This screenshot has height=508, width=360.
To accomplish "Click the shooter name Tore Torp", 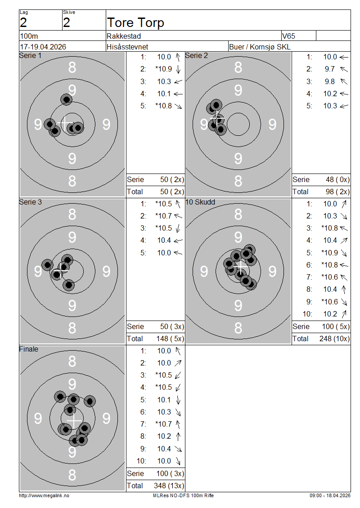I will click(x=135, y=22).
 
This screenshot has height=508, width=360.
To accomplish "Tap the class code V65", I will click(x=289, y=36).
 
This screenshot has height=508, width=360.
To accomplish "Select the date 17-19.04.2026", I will click(x=43, y=47).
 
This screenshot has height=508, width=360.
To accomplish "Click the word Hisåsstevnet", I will click(x=127, y=47).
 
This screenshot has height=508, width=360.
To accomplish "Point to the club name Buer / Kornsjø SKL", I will click(x=260, y=47).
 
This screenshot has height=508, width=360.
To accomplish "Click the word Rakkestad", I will click(x=124, y=36).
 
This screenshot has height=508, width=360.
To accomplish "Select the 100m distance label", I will click(x=28, y=36).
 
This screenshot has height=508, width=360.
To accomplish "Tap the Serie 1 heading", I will click(x=30, y=56).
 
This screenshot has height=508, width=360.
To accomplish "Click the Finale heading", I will click(x=29, y=349).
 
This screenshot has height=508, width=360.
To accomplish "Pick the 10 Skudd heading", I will click(x=200, y=202).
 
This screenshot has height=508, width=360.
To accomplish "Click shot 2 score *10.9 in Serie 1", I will click(x=163, y=69).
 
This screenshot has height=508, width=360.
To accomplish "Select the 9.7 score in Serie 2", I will click(x=329, y=69).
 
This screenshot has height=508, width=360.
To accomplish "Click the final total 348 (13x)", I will click(x=169, y=486).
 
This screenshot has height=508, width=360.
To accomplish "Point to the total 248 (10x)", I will click(x=334, y=339).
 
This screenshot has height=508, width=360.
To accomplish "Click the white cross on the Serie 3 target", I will click(x=60, y=271).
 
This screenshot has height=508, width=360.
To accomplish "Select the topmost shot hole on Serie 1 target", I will click(x=67, y=99).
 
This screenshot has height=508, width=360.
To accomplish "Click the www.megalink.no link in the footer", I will click(x=44, y=495).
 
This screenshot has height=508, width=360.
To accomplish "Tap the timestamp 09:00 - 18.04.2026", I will click(x=329, y=495).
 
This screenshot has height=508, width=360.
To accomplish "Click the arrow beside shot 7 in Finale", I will click(x=178, y=424).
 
